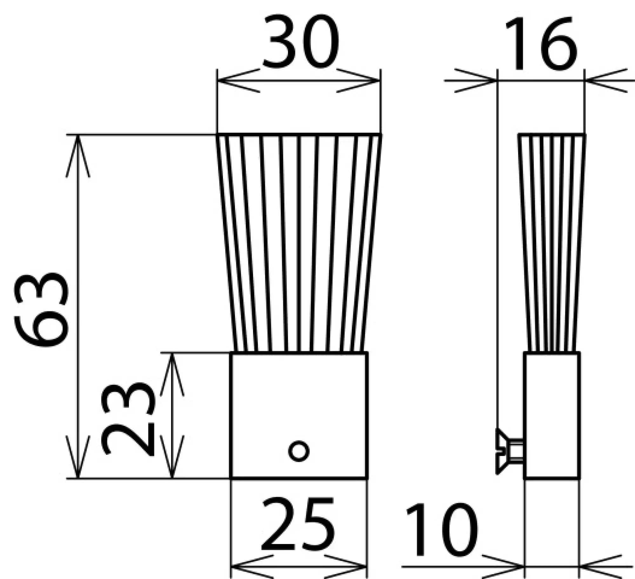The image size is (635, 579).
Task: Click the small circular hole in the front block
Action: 298,451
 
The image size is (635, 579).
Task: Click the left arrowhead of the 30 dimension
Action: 229,81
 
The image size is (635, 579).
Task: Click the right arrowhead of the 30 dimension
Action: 368,81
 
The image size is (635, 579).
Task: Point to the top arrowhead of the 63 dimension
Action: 78,149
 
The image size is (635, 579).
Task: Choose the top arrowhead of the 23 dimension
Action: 172,369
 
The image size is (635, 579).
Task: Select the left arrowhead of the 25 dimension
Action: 243,567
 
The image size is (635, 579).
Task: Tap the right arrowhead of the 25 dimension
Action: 354,567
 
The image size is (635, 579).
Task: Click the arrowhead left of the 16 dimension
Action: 484,81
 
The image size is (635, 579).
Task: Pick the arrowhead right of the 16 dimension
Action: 597,81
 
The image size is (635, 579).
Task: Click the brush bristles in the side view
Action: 552,242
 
